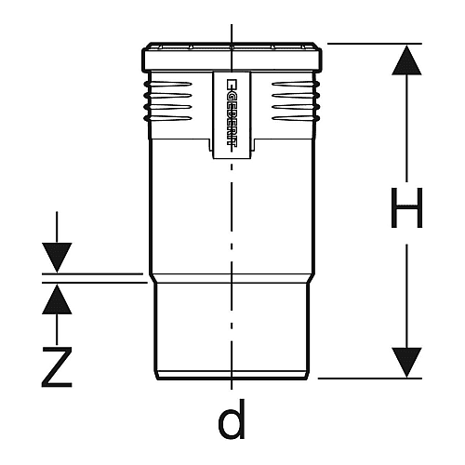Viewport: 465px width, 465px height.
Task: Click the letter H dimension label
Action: click(x=406, y=207)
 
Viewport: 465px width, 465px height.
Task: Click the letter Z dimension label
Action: click(x=57, y=367)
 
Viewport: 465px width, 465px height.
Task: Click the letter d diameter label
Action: click(x=232, y=418)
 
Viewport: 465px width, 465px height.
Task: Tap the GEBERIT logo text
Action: click(x=232, y=113)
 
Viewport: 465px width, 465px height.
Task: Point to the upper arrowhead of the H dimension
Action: click(x=406, y=60)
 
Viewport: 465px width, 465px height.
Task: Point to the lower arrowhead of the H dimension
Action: click(x=406, y=362)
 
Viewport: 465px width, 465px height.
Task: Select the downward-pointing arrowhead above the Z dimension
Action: click(x=57, y=258)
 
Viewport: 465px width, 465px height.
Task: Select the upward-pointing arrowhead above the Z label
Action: click(x=57, y=299)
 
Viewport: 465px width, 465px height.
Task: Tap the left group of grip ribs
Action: click(x=167, y=100)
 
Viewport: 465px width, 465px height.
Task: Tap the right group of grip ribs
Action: click(x=296, y=100)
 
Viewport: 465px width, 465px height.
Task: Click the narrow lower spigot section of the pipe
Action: click(x=232, y=327)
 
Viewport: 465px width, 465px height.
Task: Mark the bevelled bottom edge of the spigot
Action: click(x=232, y=375)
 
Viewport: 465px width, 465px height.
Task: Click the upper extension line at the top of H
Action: click(x=375, y=44)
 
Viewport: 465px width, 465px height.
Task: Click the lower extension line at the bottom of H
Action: click(x=370, y=379)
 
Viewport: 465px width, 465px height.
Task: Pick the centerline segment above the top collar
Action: click(x=232, y=33)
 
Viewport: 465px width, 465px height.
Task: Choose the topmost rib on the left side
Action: click(x=167, y=84)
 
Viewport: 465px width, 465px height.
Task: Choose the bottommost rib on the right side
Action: click(x=296, y=118)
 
